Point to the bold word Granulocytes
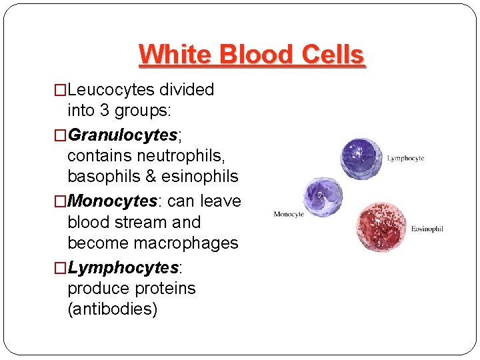pos(123,135)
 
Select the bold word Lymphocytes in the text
pos(123,268)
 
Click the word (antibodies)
pos(113,310)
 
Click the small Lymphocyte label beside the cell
pos(406,159)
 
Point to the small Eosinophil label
pos(427,229)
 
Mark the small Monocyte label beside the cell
pos(289,215)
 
